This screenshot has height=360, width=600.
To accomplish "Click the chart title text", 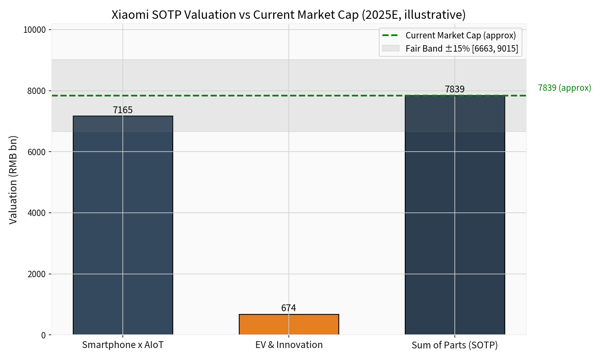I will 288,15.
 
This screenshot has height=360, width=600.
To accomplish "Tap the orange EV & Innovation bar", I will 289,324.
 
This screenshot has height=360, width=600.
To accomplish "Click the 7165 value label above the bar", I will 123,110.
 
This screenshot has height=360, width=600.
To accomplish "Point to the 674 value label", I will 289,308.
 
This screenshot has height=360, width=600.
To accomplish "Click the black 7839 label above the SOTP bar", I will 455,89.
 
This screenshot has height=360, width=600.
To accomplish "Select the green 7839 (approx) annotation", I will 564,88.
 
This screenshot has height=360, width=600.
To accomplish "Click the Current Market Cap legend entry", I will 460,35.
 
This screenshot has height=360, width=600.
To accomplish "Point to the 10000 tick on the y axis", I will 35,30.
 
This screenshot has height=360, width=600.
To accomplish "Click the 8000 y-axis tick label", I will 37,91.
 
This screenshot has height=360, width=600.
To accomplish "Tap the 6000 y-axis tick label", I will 37,152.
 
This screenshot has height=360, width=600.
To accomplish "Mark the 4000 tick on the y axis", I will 37,213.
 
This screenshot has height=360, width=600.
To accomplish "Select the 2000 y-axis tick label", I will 37,274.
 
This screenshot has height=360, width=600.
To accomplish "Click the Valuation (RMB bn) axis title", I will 13,180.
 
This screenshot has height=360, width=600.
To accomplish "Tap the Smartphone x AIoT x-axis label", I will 123,345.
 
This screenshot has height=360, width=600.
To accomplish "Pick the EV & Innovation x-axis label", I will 289,345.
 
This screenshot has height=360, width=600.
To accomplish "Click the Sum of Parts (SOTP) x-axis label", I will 455,345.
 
